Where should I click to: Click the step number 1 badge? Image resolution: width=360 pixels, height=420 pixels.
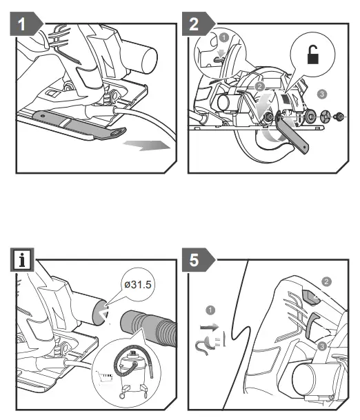[26, 24]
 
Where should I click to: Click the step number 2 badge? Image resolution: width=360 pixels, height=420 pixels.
[198, 24]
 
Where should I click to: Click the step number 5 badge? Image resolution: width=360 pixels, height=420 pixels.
[198, 259]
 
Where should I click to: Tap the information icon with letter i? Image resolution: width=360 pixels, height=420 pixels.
[22, 260]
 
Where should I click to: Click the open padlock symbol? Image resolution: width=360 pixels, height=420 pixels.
[313, 54]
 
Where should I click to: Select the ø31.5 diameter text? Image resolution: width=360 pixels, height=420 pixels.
[138, 284]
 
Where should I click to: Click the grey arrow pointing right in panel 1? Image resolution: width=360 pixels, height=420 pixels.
[146, 146]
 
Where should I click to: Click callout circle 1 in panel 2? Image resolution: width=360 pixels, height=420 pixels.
[224, 37]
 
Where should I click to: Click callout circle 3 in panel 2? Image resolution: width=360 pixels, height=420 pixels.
[322, 94]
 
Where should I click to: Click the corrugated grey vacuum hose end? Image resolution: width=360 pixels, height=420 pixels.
[149, 328]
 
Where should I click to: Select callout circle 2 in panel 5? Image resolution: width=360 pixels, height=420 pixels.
[326, 281]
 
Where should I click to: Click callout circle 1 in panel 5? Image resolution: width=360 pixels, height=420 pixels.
[210, 310]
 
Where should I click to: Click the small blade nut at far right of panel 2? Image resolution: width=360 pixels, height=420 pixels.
[339, 117]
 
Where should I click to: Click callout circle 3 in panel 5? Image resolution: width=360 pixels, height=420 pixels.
[322, 346]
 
